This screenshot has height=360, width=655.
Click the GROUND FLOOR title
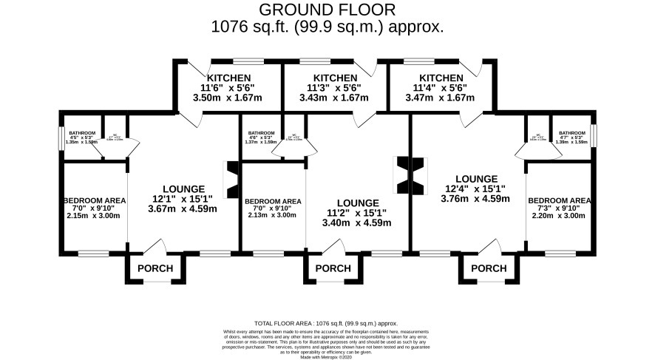[327, 10]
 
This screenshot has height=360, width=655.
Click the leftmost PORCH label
[155, 268]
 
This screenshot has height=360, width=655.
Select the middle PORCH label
[333, 268]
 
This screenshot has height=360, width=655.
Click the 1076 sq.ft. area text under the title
[327, 27]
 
